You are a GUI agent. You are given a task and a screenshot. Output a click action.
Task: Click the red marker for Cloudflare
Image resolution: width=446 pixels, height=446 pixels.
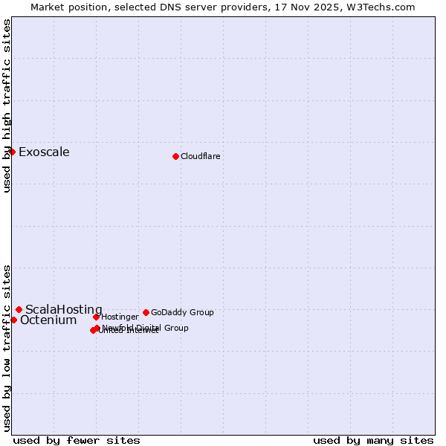click(175, 156)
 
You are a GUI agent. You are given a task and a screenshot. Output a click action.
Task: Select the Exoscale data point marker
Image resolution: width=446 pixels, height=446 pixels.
click(12, 152)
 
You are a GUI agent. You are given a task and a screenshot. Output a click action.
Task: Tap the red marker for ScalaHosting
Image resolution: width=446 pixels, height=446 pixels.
click(19, 309)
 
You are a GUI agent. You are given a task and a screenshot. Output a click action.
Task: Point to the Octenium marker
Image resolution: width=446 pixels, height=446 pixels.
click(13, 320)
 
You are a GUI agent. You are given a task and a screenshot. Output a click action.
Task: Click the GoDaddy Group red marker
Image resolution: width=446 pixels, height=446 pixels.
click(146, 312)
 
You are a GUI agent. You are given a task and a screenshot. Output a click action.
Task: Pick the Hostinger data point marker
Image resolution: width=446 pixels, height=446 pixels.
click(96, 317)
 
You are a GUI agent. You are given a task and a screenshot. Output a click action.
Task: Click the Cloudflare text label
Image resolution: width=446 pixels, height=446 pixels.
click(201, 156)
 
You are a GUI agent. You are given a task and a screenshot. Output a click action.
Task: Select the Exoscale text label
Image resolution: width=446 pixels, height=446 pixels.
click(44, 152)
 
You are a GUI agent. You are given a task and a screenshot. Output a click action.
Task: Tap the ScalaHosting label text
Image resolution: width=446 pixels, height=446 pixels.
click(64, 309)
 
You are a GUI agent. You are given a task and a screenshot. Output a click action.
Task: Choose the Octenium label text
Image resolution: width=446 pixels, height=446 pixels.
click(48, 320)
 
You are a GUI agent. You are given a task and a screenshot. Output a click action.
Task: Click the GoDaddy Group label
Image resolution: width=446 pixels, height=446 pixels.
click(182, 312)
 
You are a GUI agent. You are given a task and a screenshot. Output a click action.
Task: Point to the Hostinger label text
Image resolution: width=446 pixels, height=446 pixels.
click(120, 317)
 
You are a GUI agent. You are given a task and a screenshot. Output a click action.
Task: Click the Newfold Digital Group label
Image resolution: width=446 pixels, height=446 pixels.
click(146, 328)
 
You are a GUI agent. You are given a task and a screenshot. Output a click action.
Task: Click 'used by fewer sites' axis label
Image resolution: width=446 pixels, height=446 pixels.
click(77, 440)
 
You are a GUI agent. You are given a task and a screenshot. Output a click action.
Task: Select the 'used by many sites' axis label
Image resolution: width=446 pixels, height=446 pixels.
click(373, 440)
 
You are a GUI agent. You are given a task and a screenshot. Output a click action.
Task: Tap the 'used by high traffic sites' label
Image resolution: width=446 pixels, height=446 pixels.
click(7, 106)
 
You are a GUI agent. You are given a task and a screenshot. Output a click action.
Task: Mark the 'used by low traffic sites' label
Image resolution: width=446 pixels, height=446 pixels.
click(7, 347)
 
